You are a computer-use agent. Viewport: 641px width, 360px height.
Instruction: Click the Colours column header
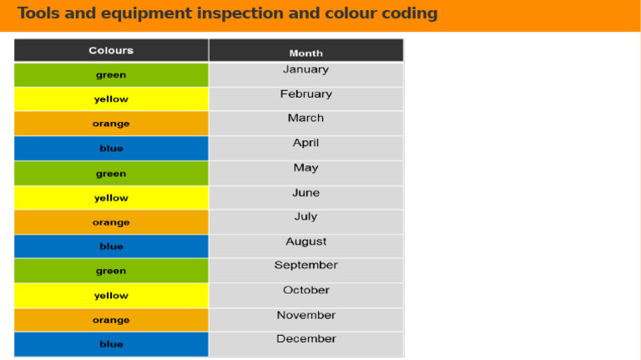(111, 50)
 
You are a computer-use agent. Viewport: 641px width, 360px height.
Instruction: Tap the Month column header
(305, 53)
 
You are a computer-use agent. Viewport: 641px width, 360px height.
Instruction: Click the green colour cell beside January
(111, 75)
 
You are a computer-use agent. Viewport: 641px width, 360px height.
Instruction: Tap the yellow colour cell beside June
(111, 198)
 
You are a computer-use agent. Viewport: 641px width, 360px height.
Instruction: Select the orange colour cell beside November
(111, 320)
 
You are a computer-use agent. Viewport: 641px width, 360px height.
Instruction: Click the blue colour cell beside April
(111, 149)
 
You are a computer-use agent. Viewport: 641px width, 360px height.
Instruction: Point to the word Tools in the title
(37, 13)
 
